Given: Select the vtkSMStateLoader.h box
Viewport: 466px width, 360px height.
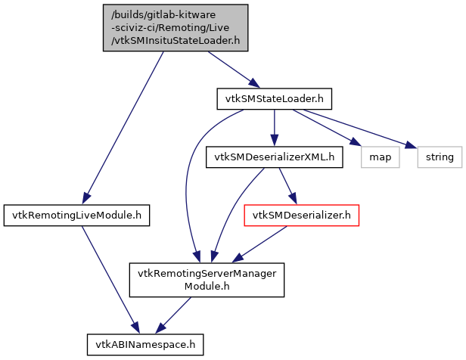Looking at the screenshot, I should [274, 98].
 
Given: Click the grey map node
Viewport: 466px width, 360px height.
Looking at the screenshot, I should [380, 157].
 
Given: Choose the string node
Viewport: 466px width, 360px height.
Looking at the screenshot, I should [440, 157].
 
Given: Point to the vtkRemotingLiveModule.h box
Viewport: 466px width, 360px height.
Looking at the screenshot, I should [76, 216].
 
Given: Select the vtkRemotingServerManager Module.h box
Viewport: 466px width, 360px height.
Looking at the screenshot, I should [207, 280].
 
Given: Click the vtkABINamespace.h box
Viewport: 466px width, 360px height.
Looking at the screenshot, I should [145, 344].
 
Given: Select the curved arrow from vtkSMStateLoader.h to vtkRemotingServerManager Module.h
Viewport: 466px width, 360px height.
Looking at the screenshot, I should [189, 174].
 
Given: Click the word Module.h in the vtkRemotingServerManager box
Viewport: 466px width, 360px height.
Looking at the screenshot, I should [207, 287].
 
